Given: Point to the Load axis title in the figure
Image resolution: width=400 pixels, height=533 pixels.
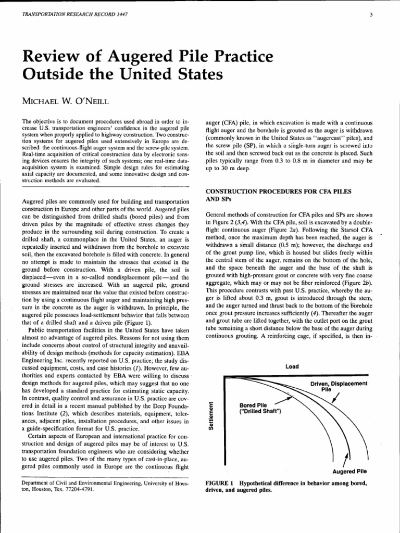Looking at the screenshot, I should [292, 366].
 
